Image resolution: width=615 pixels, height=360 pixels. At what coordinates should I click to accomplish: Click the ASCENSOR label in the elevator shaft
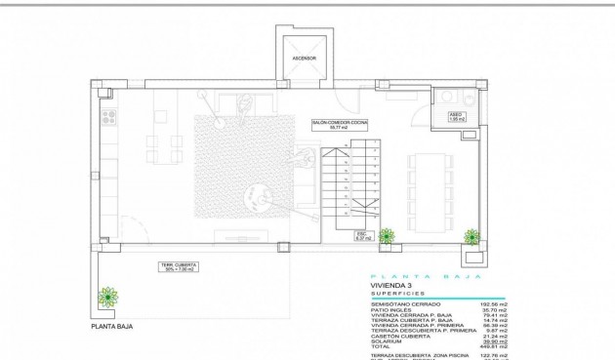coord(305,58)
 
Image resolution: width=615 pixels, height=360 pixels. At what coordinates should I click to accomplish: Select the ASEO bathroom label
coord(454,116)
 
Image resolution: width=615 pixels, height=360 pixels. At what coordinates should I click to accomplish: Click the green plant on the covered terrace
coord(107,296)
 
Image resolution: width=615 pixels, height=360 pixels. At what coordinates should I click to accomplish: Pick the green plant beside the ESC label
coord(387,235)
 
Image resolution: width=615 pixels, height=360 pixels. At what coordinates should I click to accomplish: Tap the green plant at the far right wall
coord(472,236)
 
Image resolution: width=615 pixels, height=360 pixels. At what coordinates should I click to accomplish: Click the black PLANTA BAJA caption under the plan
coord(111,328)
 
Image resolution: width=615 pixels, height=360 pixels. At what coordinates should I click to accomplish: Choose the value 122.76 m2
coord(491,356)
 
